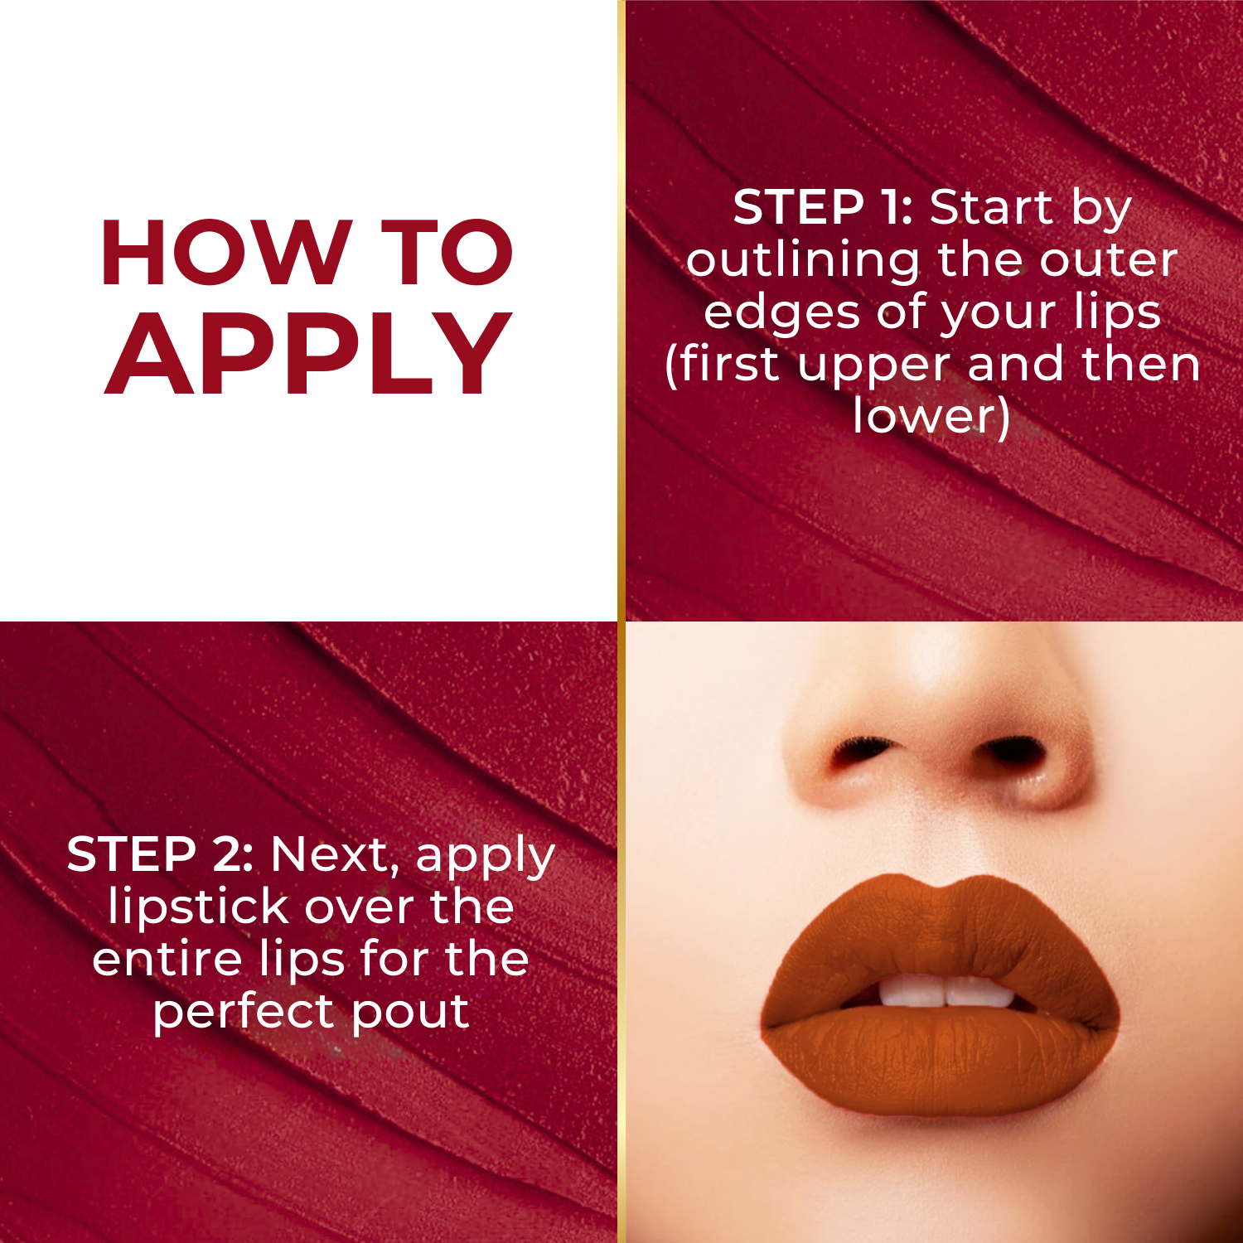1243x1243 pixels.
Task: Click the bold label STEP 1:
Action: click(822, 207)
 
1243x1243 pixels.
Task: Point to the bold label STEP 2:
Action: click(160, 854)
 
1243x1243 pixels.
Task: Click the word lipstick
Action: click(199, 907)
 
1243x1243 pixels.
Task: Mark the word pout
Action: click(411, 1013)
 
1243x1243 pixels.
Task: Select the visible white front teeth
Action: click(945, 991)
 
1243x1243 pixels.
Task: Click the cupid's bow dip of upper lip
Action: click(936, 888)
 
